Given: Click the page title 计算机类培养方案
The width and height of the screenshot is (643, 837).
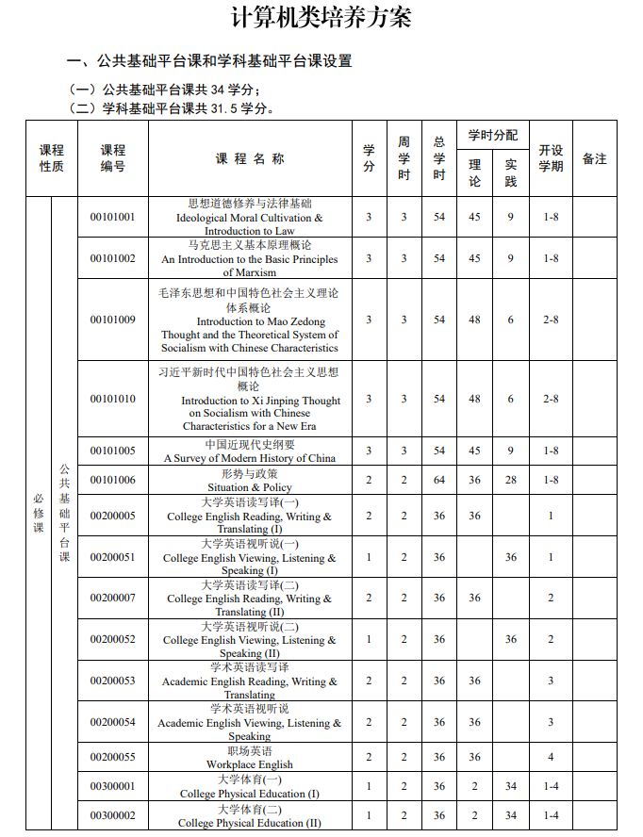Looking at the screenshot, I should (x=321, y=18).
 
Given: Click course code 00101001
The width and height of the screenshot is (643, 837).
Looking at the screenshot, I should (x=112, y=217).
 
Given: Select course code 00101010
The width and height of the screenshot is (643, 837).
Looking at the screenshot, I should (x=112, y=399).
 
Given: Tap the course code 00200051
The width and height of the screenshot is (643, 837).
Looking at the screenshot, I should (x=112, y=557).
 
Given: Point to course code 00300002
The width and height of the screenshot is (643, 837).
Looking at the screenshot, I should (x=112, y=815).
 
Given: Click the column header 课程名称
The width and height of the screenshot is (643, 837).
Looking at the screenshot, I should (x=250, y=158).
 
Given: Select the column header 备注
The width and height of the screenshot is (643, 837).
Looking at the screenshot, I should (x=595, y=158).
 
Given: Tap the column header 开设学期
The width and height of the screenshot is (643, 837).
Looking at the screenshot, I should (x=551, y=158).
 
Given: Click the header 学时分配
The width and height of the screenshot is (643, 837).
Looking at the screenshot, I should (x=492, y=136).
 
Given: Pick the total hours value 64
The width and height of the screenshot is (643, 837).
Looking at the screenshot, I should (x=439, y=480).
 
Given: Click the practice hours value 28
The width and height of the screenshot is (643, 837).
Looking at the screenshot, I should (x=511, y=480).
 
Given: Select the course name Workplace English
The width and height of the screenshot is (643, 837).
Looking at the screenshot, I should (x=250, y=764).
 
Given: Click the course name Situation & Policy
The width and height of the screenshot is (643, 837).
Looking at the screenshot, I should (x=250, y=487).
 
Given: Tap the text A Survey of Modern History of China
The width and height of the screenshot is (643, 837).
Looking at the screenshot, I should (x=250, y=458).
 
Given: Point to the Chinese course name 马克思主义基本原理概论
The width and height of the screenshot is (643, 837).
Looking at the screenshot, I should (x=250, y=245).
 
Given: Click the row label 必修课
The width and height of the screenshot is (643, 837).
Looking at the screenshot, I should (x=39, y=514).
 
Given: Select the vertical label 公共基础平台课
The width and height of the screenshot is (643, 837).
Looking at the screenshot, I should (x=64, y=514).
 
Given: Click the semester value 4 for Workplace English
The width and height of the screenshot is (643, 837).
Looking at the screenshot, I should (x=551, y=757).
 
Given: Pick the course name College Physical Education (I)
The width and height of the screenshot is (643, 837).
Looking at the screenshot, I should (x=250, y=794).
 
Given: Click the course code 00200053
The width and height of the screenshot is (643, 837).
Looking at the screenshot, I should (x=112, y=681).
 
